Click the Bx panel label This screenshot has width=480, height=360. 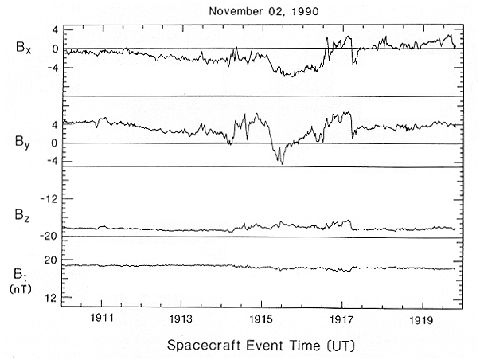click(25, 48)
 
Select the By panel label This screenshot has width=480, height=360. click(25, 143)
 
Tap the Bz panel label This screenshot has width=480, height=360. click(25, 216)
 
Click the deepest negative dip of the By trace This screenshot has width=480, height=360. click(280, 162)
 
